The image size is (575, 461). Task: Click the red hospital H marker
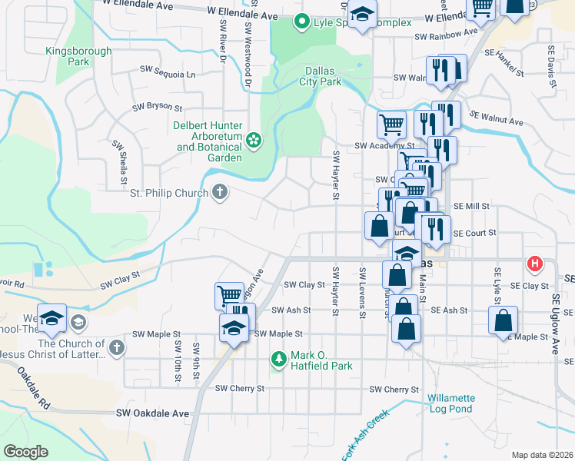tap(534, 265)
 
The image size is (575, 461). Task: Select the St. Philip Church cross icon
tap(220, 192)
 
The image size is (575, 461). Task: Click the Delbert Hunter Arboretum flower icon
tap(254, 140)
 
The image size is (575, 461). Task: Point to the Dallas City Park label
tap(320, 75)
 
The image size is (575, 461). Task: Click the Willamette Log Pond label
tap(451, 403)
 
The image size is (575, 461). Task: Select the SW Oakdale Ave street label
tap(152, 413)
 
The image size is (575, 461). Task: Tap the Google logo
tap(25, 452)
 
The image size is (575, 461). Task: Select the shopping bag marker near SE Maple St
tap(503, 320)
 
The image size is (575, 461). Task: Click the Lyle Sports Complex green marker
tap(303, 22)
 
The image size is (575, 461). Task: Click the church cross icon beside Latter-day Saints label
tap(115, 347)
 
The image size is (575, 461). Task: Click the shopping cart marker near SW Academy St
tap(391, 123)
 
